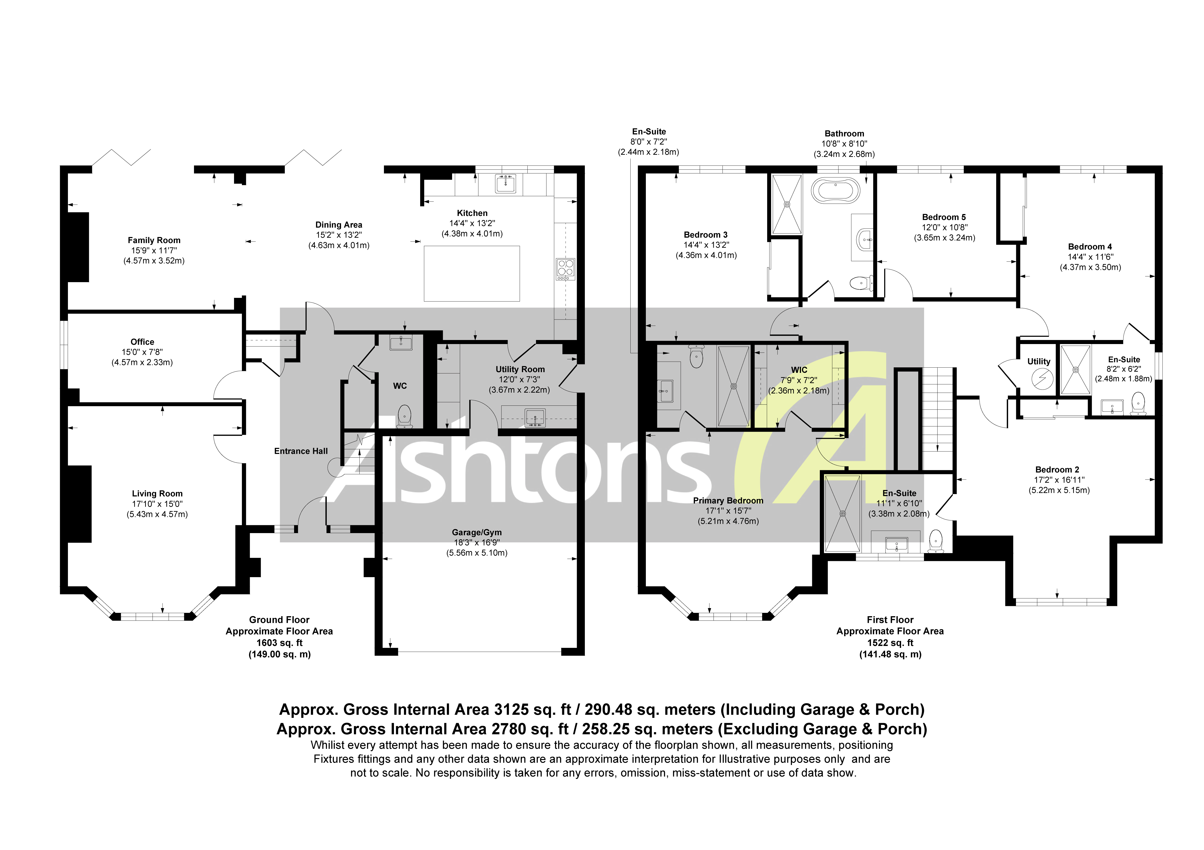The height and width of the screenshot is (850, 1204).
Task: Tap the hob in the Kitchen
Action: click(565, 268)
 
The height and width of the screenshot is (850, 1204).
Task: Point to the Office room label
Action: click(142, 342)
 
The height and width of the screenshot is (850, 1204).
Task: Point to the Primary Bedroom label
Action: click(728, 500)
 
